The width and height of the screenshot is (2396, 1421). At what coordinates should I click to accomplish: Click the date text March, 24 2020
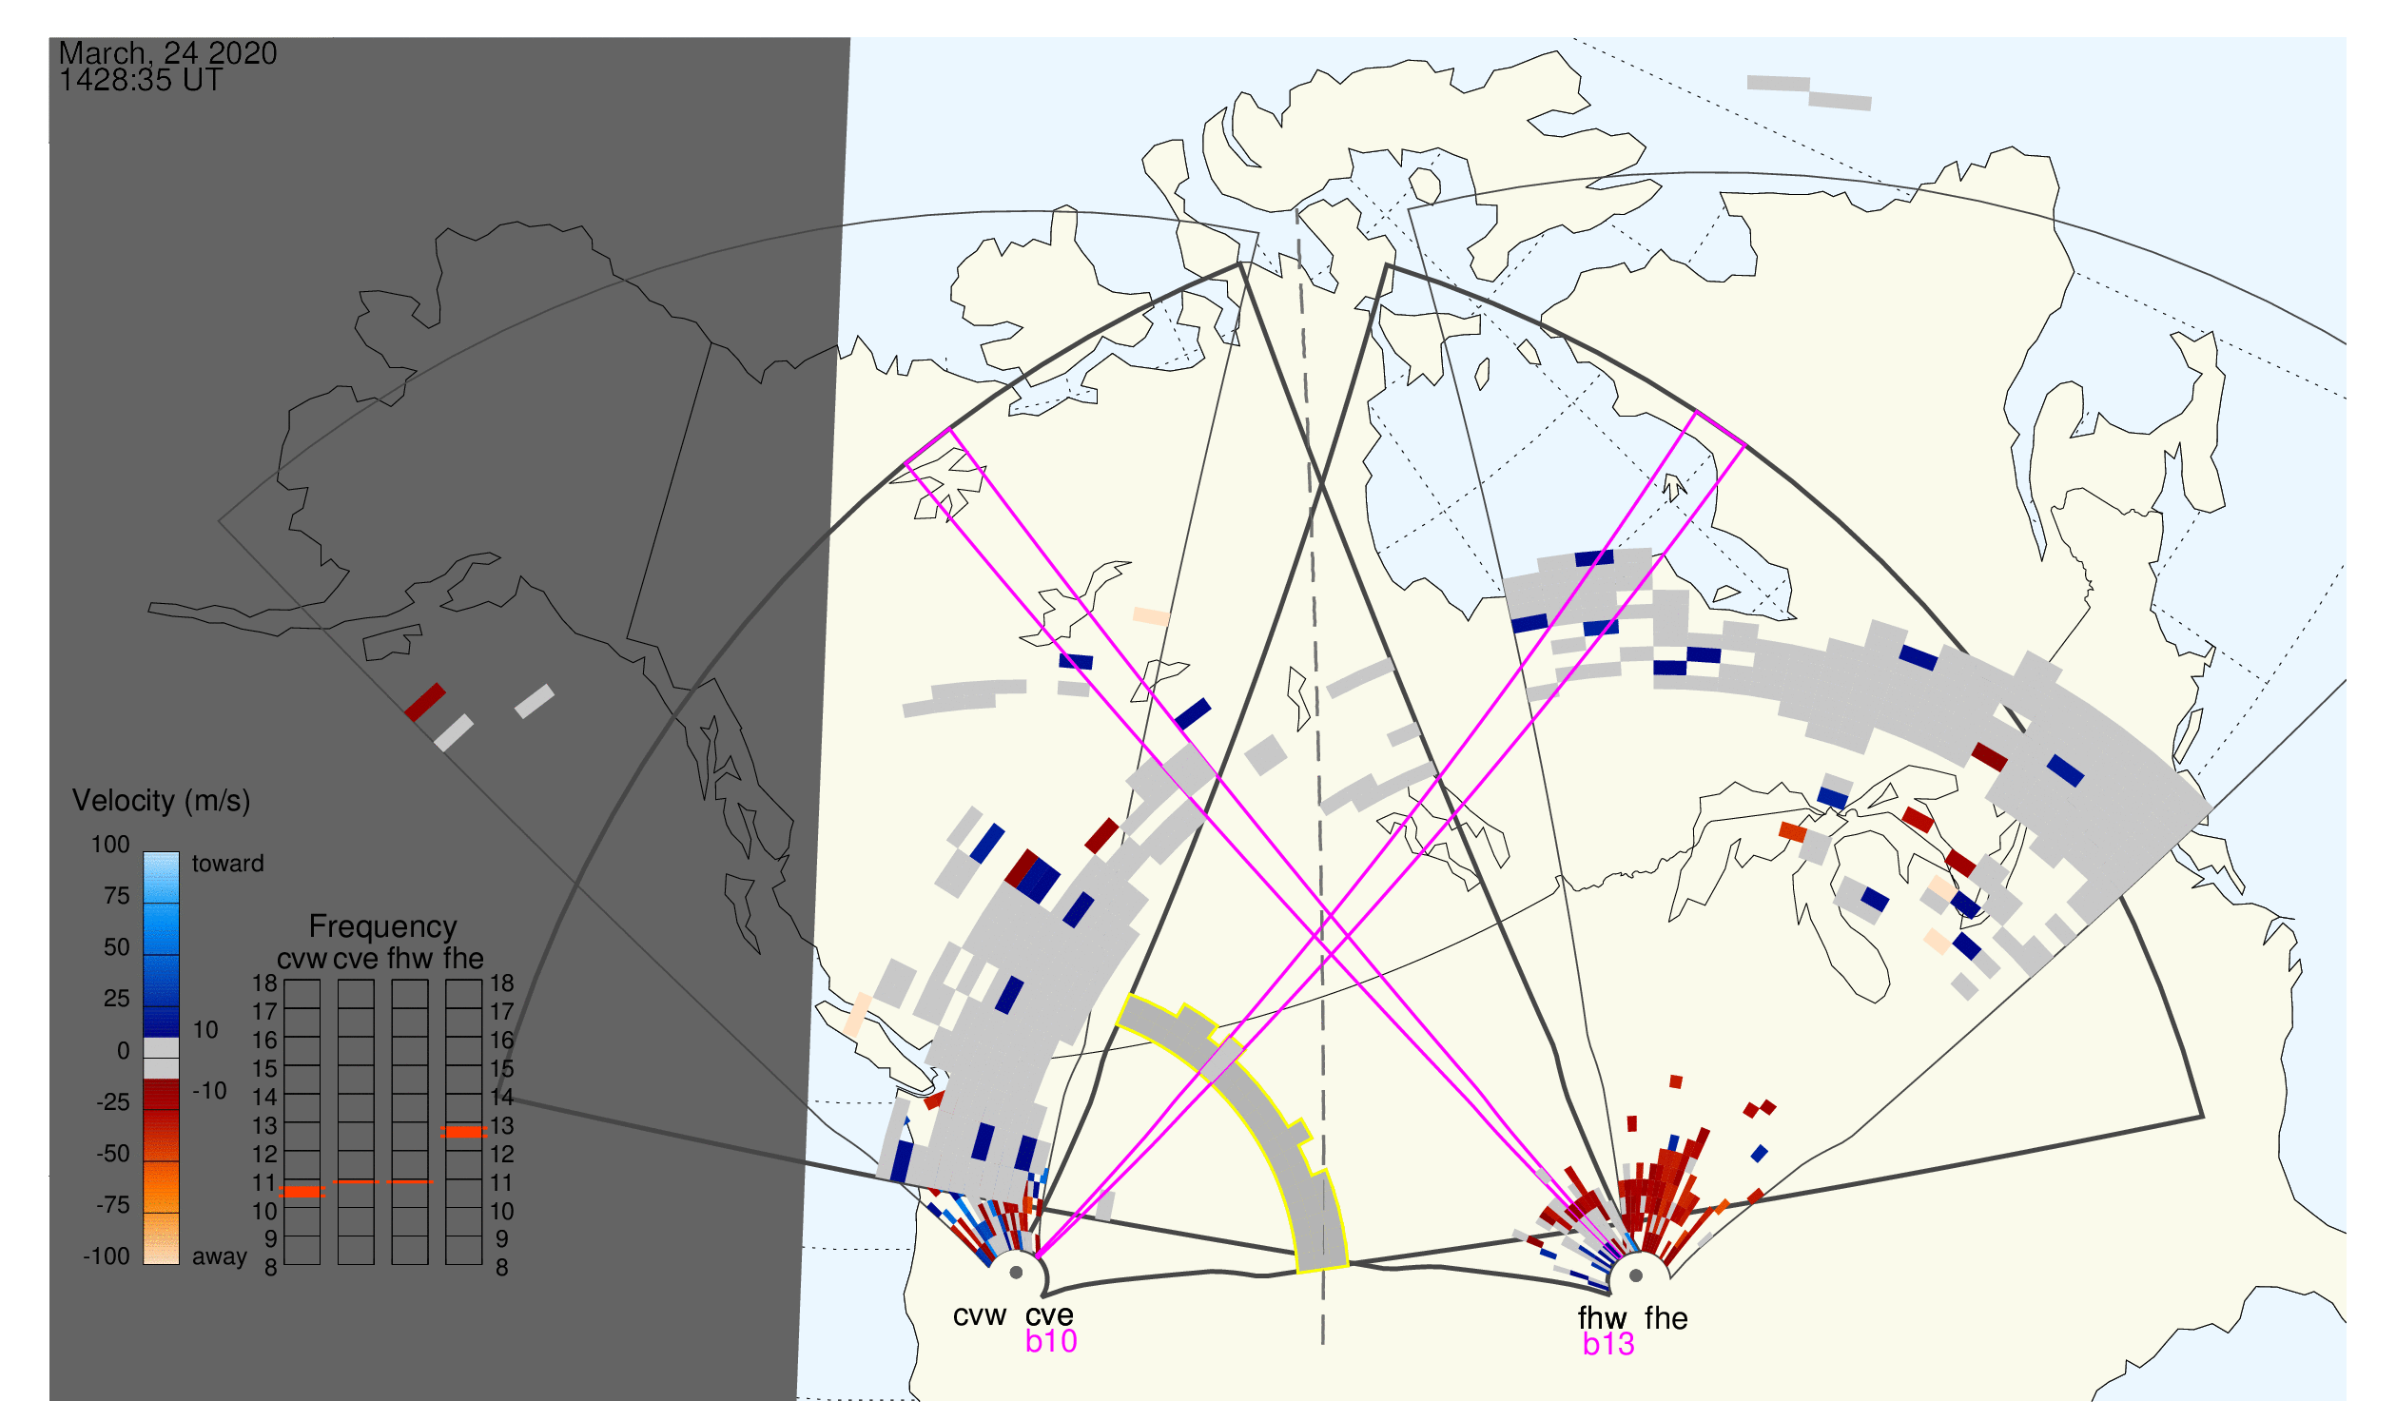(167, 53)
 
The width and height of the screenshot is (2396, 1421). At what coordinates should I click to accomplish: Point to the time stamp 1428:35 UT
(141, 81)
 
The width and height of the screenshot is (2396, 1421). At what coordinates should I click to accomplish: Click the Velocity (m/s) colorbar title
(161, 802)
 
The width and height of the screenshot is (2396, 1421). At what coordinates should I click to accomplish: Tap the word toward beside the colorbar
(228, 865)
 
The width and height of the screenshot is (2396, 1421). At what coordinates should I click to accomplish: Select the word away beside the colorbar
(220, 1258)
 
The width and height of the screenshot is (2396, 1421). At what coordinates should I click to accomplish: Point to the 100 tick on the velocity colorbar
(110, 846)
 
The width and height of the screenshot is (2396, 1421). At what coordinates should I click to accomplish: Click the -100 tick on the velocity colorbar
(107, 1257)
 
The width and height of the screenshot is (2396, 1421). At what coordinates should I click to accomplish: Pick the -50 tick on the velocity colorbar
(113, 1155)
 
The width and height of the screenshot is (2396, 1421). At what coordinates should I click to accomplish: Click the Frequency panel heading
(382, 928)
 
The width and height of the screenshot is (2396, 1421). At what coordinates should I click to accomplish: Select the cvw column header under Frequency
(302, 960)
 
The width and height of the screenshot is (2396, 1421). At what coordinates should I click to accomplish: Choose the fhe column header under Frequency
(463, 960)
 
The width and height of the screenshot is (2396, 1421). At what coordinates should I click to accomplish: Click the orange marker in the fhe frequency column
(463, 1133)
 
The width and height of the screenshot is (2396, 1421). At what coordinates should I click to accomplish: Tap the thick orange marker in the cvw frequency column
(302, 1193)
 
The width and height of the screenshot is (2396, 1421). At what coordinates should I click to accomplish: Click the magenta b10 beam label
(1051, 1342)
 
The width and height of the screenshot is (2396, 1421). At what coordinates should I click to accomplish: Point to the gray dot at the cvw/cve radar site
(1017, 1275)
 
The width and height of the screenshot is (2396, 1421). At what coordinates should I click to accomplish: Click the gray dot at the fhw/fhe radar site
(1637, 1276)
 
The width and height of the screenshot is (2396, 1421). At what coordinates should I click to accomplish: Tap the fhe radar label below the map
(1666, 1319)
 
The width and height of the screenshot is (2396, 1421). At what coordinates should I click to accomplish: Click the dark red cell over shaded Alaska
(425, 703)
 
